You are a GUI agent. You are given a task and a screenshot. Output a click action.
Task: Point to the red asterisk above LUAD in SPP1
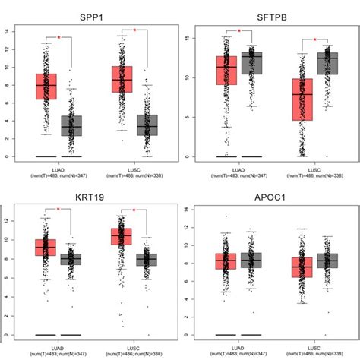[58, 36]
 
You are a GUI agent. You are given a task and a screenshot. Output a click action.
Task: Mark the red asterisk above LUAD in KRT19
[58, 209]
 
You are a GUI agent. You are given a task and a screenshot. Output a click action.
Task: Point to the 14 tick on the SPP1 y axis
[8, 31]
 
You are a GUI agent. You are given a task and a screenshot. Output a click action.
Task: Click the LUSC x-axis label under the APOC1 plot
[314, 344]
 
